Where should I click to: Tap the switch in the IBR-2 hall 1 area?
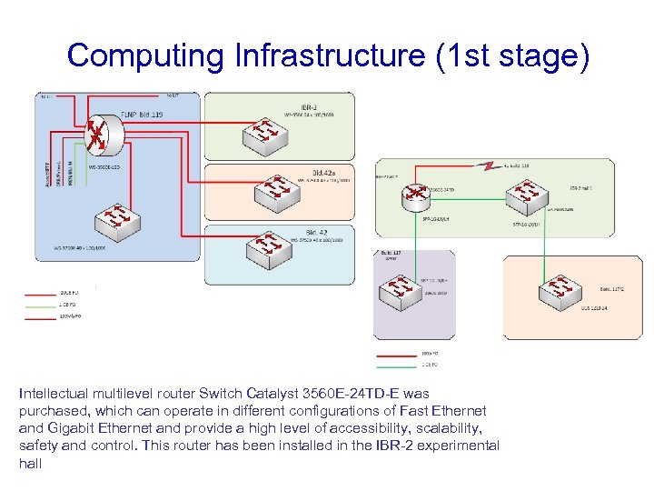pyautogui.click(x=524, y=192)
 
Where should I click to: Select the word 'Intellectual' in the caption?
pyautogui.click(x=55, y=395)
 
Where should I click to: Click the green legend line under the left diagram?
pyautogui.click(x=40, y=305)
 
